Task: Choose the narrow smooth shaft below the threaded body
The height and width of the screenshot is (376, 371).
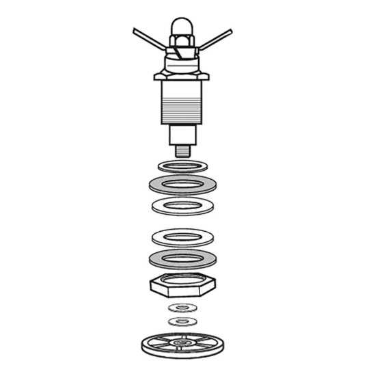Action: [182, 135]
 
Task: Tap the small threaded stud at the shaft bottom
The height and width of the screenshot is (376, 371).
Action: [182, 150]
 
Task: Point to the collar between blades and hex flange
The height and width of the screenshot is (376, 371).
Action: [182, 62]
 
